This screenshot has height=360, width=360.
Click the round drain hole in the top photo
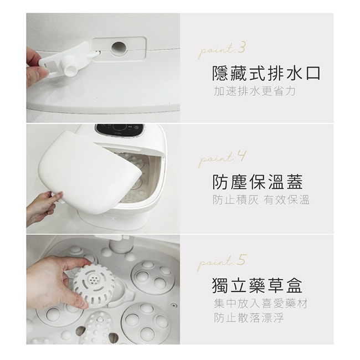[x=119, y=49]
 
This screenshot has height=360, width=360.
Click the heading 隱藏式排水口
[x=266, y=74]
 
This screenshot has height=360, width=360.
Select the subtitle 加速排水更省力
[x=255, y=91]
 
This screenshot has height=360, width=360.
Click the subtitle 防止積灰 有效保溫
[x=261, y=200]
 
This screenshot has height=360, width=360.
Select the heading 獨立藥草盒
[x=258, y=285]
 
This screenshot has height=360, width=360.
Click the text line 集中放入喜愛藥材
[x=261, y=304]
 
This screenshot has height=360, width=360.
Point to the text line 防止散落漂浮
[x=249, y=318]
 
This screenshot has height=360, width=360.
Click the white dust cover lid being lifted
[x=90, y=172]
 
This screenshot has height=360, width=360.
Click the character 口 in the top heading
[x=313, y=74]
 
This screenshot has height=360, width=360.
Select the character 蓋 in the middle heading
[x=295, y=182]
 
